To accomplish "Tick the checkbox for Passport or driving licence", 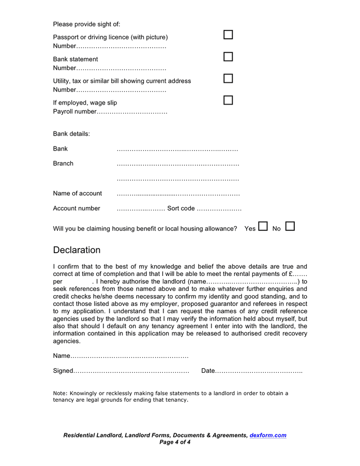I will [228, 35].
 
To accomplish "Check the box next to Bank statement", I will [228, 56].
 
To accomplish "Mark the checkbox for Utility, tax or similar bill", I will [228, 78].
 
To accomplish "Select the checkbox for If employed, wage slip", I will [228, 100].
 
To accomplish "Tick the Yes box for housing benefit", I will [263, 226].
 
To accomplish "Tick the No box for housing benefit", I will [290, 226].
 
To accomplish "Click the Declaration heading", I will [77, 250].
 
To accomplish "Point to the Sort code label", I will [181, 209].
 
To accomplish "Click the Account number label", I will [77, 209].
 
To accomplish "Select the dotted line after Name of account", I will [178, 194].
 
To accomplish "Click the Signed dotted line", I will [131, 371].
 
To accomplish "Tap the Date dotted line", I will [259, 371].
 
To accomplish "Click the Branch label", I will [63, 164].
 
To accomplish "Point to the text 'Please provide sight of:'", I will [86, 24].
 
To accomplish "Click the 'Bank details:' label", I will [71, 134].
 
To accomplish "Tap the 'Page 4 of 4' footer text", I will [175, 442].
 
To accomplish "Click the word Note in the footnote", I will [59, 394].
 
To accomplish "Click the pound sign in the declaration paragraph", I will [291, 274].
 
